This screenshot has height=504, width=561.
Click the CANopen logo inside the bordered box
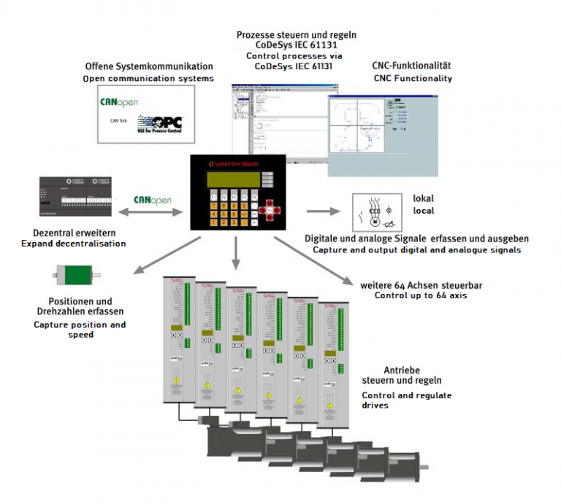click(119, 103)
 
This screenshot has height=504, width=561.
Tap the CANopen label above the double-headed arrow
click(153, 198)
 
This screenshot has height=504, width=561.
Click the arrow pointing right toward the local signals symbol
click(324, 212)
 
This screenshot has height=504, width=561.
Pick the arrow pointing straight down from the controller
click(235, 252)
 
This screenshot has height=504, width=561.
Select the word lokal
click(423, 198)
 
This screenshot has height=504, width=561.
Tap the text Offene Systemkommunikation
click(149, 66)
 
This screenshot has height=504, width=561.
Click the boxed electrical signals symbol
click(377, 212)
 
